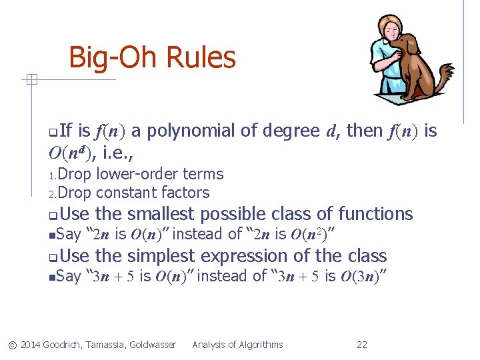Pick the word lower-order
point(128,174)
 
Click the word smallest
point(161,214)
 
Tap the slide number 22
point(362,345)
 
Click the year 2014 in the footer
point(30,345)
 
